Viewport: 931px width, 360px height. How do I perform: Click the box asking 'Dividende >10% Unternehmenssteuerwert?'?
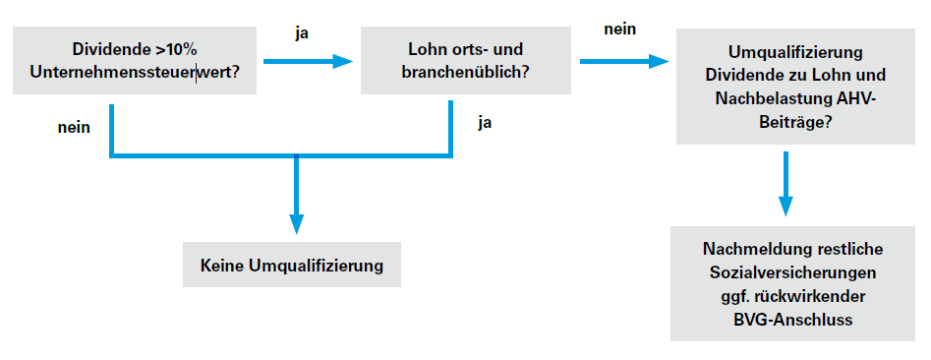(136, 60)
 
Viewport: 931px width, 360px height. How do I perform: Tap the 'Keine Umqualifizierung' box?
(291, 266)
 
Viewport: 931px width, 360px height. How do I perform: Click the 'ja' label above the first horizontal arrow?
(304, 31)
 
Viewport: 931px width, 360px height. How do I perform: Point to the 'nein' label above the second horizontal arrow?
(619, 29)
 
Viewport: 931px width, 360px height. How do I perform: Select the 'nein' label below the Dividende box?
(75, 126)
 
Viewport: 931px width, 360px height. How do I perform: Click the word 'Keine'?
(221, 266)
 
